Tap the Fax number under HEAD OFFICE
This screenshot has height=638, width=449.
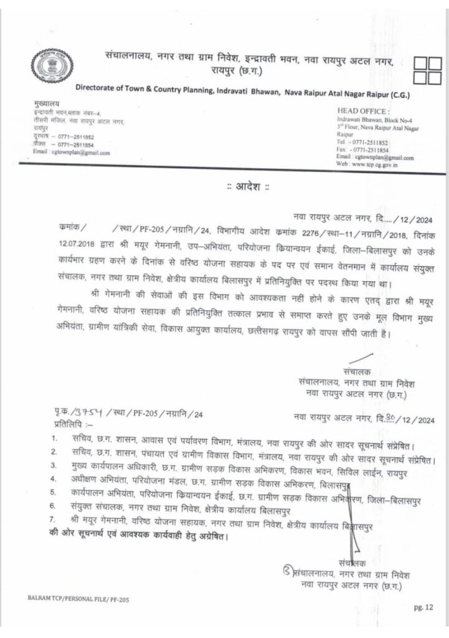(364, 150)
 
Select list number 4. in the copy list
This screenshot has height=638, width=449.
(55, 480)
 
